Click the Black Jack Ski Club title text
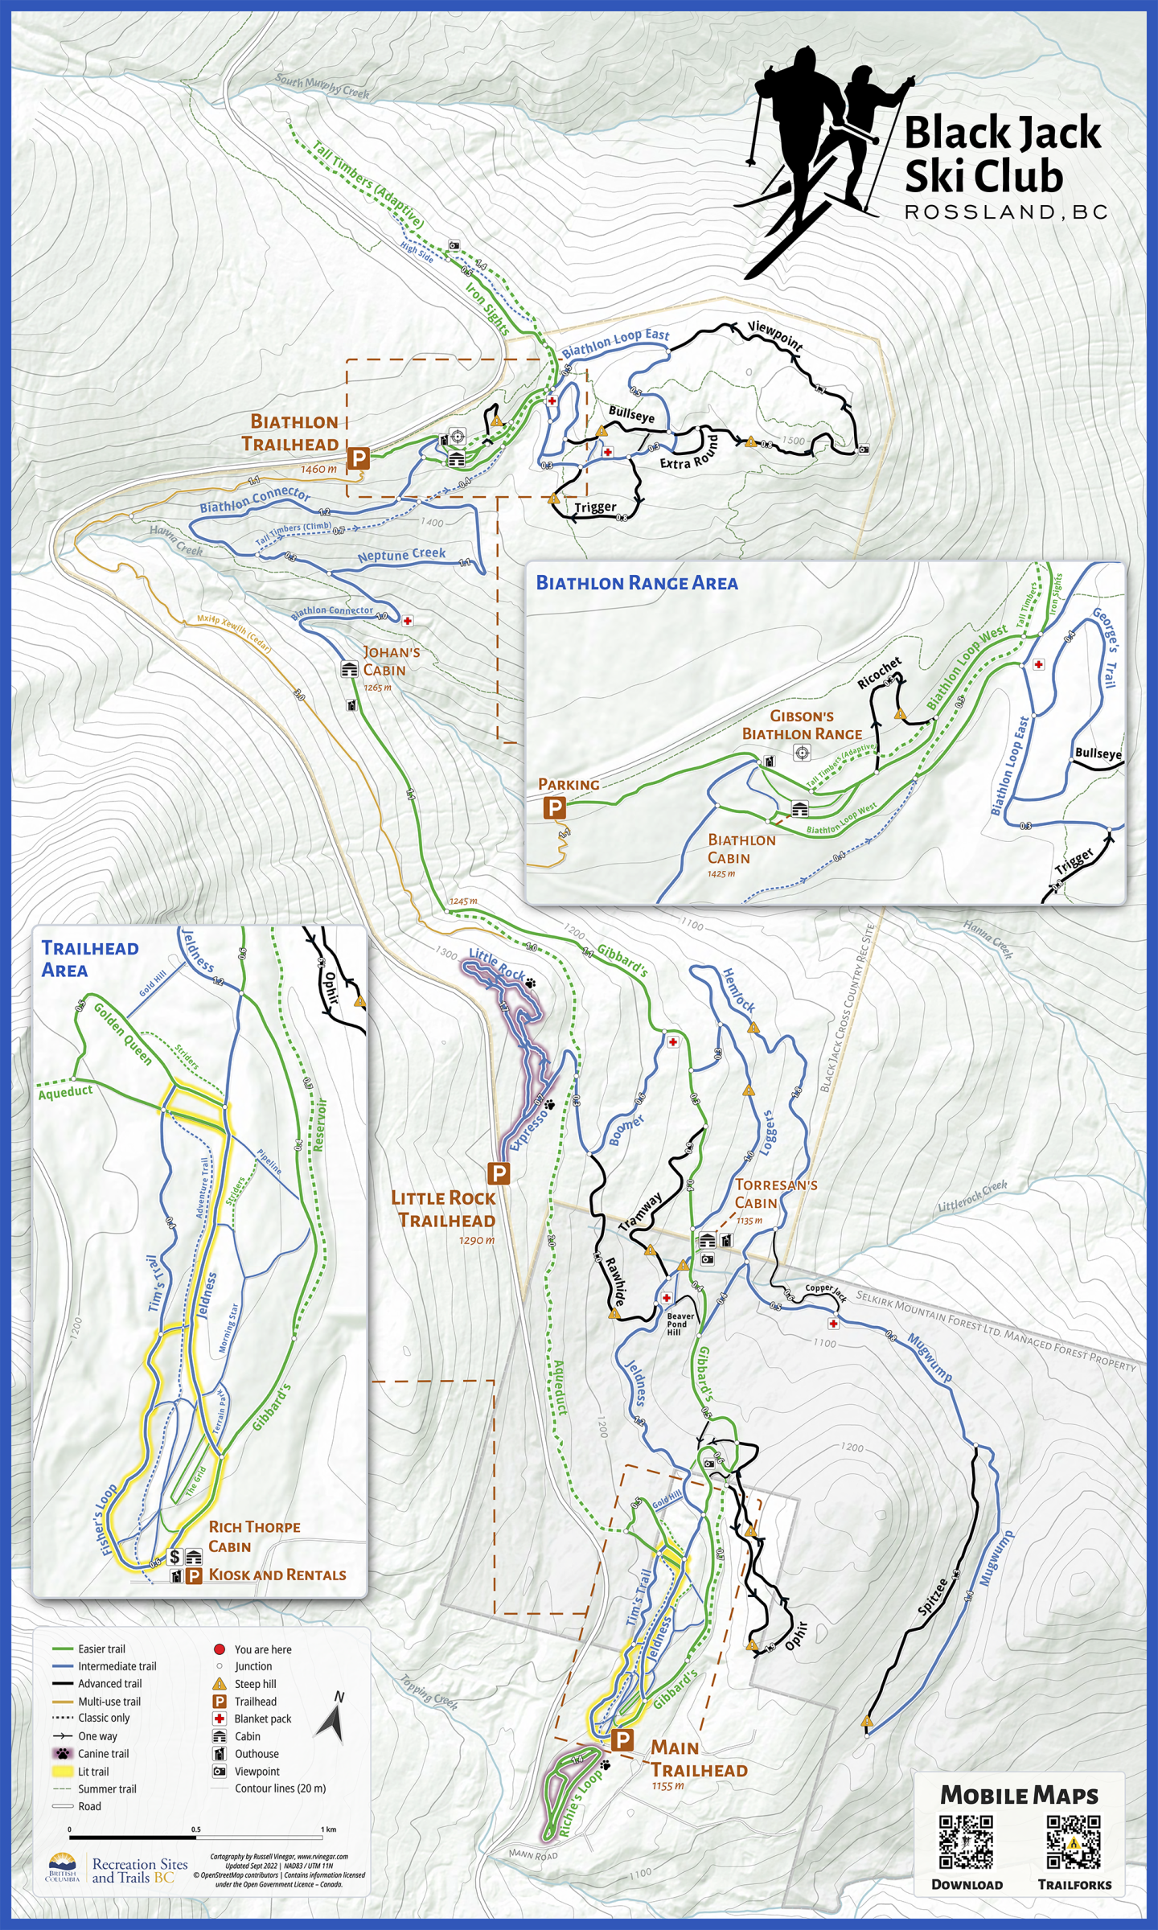1002,154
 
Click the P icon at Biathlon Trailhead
358,459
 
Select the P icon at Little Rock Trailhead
499,1173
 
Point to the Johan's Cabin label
391,661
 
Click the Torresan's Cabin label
775,1193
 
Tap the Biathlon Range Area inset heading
637,583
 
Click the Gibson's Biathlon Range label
802,725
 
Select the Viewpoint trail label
775,336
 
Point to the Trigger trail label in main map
595,507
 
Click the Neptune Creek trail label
401,555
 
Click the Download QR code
966,1841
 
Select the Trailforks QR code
1074,1841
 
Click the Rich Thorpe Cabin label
254,1537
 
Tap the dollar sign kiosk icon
175,1558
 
